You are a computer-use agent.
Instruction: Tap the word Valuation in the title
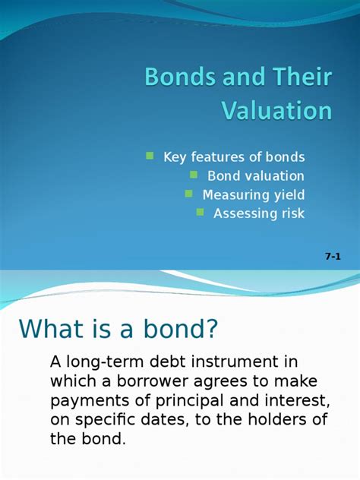(x=276, y=111)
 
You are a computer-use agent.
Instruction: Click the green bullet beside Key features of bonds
(x=150, y=156)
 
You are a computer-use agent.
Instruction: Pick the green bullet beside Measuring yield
(x=188, y=194)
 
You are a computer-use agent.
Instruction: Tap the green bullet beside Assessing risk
(x=200, y=213)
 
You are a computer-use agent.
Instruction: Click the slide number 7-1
(x=333, y=257)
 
